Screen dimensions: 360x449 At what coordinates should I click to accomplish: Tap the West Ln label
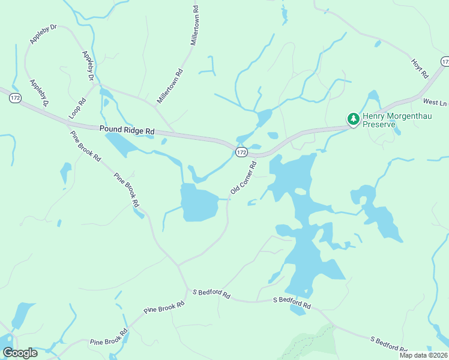point(435,103)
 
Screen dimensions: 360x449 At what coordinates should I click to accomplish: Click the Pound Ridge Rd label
point(127,129)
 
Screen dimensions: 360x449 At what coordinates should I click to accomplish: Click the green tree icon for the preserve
point(353,119)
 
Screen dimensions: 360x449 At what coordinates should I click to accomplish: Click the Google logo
point(20,353)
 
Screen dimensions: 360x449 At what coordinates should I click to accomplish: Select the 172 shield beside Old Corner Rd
point(241,152)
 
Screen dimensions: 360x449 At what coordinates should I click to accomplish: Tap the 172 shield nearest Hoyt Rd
point(445,62)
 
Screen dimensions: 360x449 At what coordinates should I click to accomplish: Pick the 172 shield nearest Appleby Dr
point(16,97)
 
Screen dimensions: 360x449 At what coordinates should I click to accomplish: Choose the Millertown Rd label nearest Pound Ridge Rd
point(170,86)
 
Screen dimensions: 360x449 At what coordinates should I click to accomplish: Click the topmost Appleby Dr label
point(43,34)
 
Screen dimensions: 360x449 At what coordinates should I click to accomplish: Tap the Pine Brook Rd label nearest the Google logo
point(109,337)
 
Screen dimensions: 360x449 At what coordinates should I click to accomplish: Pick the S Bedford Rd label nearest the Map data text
point(388,343)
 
